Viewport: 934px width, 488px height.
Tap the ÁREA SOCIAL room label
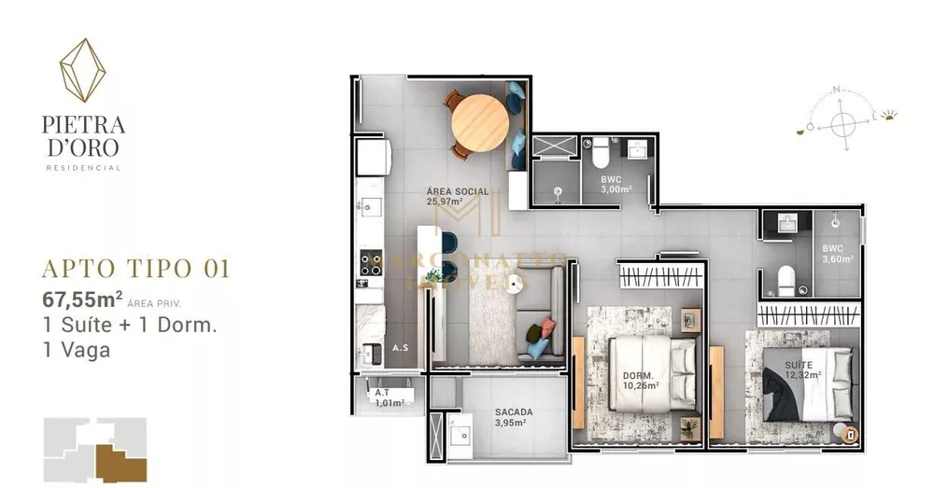pyautogui.click(x=457, y=191)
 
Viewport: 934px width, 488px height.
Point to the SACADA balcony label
pyautogui.click(x=514, y=411)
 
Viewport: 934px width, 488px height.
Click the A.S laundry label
pyautogui.click(x=400, y=347)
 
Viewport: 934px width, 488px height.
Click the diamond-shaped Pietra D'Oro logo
pyautogui.click(x=82, y=69)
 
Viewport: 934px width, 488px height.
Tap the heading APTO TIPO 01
pyautogui.click(x=135, y=269)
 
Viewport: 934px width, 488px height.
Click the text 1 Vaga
pyautogui.click(x=76, y=351)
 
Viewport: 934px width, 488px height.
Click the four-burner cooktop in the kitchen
pyautogui.click(x=371, y=263)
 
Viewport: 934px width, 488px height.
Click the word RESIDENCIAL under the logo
pyautogui.click(x=83, y=168)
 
